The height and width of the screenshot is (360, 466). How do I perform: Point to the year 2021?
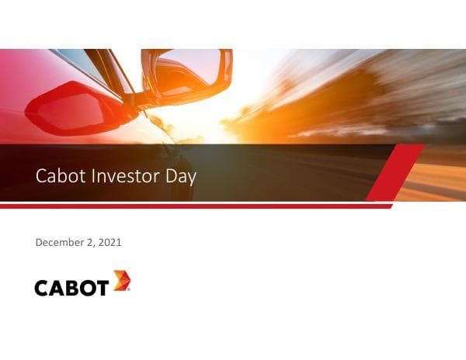[110, 243]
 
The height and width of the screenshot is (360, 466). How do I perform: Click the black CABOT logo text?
[71, 288]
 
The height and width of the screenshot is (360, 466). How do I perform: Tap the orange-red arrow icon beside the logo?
[120, 281]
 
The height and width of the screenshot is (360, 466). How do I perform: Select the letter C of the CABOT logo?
[42, 288]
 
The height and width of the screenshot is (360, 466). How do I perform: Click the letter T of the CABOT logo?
[101, 288]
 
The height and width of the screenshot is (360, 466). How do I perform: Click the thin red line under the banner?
[194, 206]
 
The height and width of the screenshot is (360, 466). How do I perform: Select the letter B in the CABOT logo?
[72, 288]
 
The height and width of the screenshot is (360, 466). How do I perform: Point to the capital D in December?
[39, 243]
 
